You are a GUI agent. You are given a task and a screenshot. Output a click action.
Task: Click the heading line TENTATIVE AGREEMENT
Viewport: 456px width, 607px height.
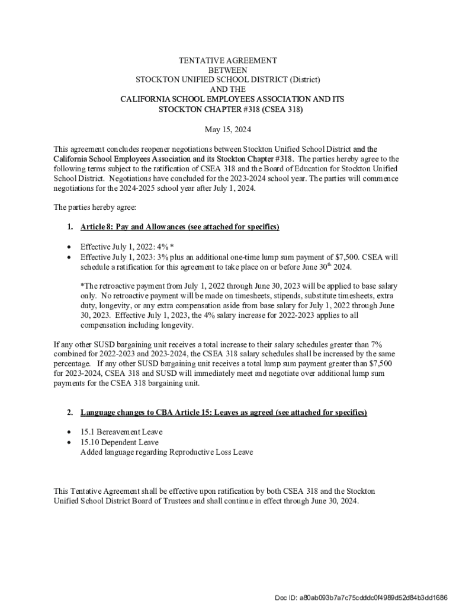[x=228, y=60]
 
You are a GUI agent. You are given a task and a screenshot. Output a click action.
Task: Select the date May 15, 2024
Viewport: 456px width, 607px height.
[x=228, y=129]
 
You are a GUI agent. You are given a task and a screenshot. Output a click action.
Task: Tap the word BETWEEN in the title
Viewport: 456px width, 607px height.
[x=228, y=70]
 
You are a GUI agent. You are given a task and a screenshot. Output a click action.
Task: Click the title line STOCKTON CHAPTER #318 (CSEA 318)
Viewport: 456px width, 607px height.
[x=228, y=110]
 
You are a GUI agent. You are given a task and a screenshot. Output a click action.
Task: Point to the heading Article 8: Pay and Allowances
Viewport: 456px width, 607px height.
[x=179, y=227]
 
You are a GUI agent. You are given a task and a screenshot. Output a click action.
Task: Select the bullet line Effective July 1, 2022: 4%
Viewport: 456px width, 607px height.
[x=127, y=247]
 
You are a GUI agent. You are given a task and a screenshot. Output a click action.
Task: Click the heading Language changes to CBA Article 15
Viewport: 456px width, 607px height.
[x=224, y=412]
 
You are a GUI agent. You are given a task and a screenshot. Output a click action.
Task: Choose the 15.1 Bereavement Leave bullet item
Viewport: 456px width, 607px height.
[x=121, y=432]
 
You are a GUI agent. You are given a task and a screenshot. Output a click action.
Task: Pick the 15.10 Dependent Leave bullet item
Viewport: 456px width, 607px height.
[x=119, y=442]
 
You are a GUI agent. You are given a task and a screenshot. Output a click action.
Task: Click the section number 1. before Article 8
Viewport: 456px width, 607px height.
[x=70, y=227]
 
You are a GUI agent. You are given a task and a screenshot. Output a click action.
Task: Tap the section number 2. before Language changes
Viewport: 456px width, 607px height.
[x=70, y=412]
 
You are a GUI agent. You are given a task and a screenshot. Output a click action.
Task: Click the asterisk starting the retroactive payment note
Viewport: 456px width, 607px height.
[x=82, y=286]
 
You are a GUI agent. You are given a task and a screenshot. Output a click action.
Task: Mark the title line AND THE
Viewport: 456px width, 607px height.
[x=228, y=90]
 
